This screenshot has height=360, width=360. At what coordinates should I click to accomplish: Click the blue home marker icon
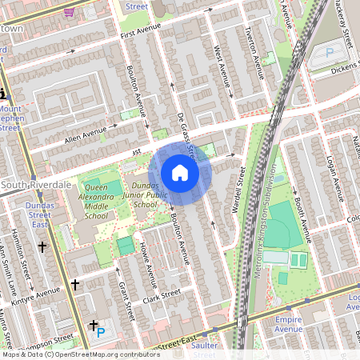click(x=180, y=171)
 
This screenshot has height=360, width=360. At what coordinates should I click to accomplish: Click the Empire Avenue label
click(x=289, y=323)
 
